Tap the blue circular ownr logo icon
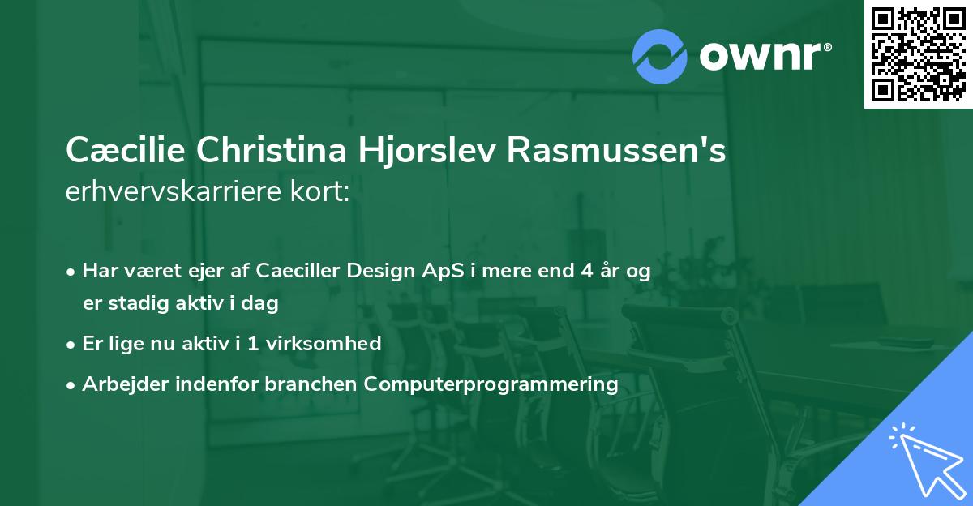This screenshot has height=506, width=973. point(660,55)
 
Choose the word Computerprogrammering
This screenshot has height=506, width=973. point(491,384)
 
